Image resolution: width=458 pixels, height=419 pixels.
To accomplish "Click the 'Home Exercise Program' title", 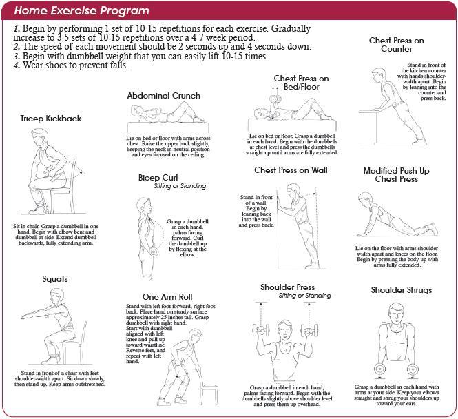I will point(81,10).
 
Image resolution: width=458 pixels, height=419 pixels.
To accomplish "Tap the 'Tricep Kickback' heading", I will point(51,118).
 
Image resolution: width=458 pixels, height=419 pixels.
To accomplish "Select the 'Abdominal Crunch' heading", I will point(163,95).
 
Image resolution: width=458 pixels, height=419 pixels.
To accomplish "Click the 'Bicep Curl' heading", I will point(158,177).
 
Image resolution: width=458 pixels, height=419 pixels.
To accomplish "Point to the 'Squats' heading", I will point(34,280).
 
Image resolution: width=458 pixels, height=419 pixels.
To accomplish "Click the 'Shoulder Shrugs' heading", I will point(402,289).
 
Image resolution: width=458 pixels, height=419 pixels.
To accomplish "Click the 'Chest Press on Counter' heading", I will point(396,45).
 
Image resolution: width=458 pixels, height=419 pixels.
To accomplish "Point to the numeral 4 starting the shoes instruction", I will point(15,65).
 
